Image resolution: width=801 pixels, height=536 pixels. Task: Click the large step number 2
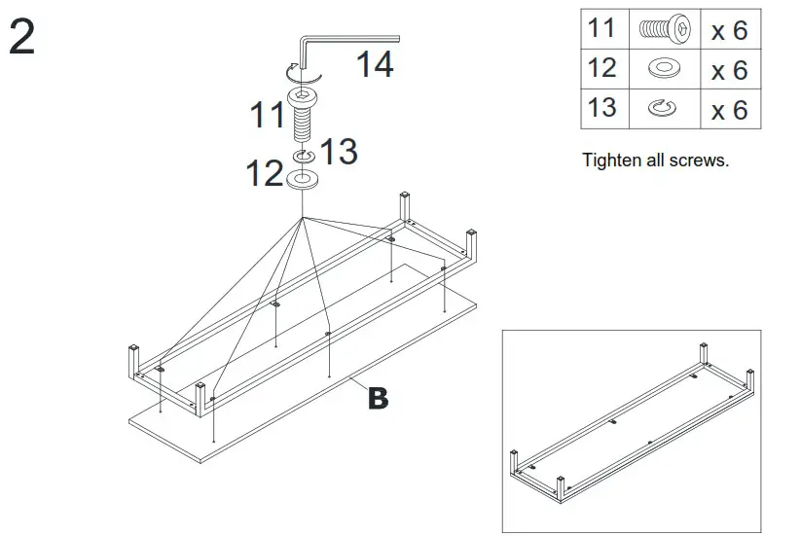click(21, 38)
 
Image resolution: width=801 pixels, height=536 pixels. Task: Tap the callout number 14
click(374, 65)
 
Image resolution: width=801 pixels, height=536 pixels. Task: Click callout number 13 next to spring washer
click(339, 152)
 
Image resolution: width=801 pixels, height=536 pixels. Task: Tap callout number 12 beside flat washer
click(264, 174)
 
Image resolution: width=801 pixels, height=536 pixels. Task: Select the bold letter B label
click(378, 398)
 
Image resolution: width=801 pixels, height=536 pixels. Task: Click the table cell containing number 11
click(602, 28)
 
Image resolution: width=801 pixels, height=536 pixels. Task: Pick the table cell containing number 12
click(602, 68)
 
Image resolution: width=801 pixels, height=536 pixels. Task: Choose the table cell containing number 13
click(602, 107)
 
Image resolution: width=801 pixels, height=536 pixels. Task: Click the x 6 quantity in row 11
click(729, 30)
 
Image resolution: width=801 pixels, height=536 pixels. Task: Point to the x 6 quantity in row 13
click(729, 109)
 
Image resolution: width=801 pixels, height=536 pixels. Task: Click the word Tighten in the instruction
click(612, 161)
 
